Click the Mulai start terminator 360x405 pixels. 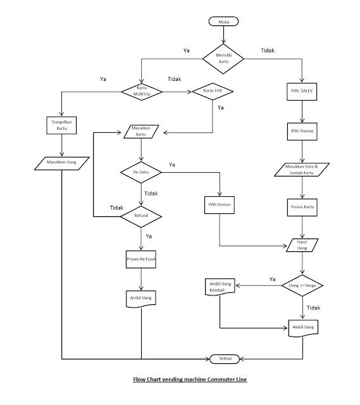224,22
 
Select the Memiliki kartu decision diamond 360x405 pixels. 224,59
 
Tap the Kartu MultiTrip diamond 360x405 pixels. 141,90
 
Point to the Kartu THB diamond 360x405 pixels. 213,91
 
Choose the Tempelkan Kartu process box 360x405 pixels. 61,124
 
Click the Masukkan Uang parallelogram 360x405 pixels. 61,163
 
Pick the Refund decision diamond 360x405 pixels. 141,216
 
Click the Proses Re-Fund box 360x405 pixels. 141,258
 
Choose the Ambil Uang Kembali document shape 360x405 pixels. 219,287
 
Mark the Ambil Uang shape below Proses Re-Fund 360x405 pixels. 141,297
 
